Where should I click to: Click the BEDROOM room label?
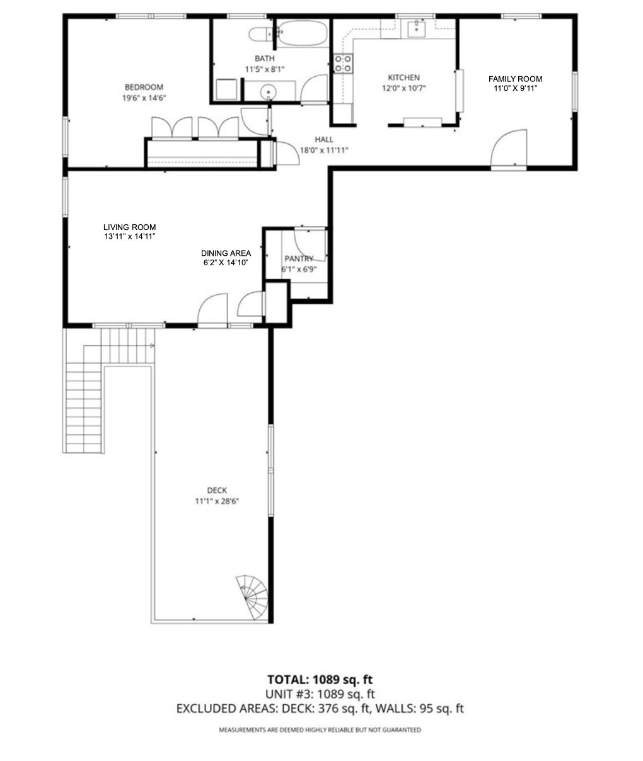(144, 87)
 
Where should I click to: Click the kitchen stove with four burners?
(343, 63)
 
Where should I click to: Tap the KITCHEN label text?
(403, 77)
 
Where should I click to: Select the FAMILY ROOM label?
(515, 79)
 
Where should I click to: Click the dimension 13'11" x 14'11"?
(129, 236)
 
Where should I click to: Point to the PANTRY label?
(299, 258)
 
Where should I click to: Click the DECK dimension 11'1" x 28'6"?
(216, 501)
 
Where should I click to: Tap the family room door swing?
(510, 148)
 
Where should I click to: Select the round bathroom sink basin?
(270, 92)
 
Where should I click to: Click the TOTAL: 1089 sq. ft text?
(320, 679)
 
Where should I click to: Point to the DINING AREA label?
(226, 253)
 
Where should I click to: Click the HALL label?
(324, 139)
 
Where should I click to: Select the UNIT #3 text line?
(320, 694)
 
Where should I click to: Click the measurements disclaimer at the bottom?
(320, 730)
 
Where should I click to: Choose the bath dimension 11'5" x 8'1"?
(265, 69)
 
